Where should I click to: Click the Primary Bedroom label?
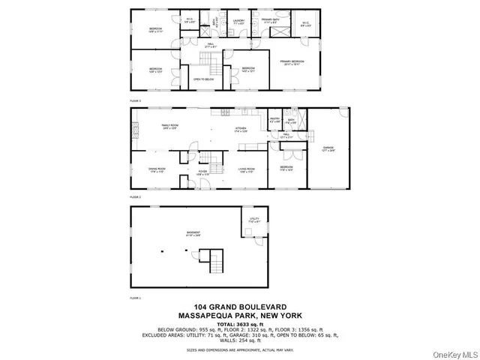292,62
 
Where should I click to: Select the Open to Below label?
202,79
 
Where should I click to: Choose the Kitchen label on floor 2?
241,130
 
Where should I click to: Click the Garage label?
328,149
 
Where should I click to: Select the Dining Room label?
156,170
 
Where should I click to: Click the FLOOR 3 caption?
135,100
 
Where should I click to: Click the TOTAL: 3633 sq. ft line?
239,324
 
